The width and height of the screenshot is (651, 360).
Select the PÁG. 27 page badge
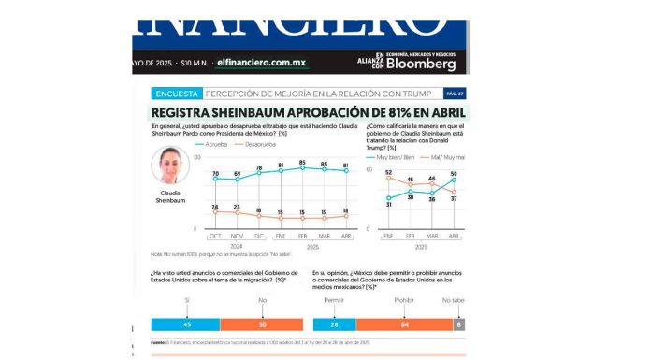point(454,94)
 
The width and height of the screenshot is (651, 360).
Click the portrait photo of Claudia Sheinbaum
point(171,169)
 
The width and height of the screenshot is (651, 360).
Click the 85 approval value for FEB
point(302,163)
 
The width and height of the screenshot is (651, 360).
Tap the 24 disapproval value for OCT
point(215,207)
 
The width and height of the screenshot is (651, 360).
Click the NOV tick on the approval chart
point(238,238)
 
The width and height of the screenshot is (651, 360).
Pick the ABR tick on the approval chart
point(345,238)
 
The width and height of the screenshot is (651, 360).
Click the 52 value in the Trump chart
point(388,172)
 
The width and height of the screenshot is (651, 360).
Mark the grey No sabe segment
point(458,324)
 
